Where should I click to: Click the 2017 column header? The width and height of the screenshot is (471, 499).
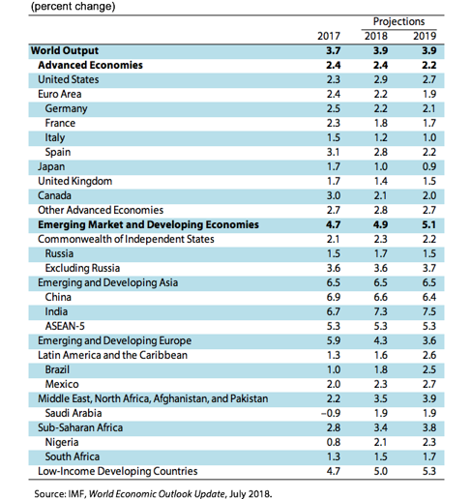pos(329,36)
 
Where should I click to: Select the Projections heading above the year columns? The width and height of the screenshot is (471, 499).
pos(398,21)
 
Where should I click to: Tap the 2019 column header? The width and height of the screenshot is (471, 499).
pos(425,36)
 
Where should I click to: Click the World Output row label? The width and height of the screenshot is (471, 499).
pos(65,50)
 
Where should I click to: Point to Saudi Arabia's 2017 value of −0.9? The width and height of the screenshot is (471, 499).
pos(331,413)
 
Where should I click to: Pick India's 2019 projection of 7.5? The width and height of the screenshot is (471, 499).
pos(429,311)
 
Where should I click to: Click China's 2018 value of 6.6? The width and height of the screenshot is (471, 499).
pos(380,297)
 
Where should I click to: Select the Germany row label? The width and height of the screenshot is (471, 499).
pos(66,108)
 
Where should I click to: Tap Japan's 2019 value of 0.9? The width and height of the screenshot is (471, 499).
pos(429,166)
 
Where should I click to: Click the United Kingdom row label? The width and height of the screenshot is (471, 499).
pos(74,181)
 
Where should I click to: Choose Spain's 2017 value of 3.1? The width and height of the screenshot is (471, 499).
pos(333,152)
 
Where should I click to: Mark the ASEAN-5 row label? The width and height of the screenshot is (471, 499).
pos(65,326)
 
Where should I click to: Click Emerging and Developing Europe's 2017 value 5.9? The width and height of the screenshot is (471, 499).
pos(333,340)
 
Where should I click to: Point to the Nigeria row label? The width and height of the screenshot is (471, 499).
pos(62,442)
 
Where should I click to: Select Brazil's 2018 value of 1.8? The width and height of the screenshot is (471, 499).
pos(380,369)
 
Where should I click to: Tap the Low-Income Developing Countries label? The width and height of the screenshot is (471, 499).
pos(118,471)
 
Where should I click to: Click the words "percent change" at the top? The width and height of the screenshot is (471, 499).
pos(73,6)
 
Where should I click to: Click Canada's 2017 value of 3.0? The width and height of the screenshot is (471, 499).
pos(333,195)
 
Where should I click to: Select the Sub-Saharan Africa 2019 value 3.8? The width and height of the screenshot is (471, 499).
pos(429,427)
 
